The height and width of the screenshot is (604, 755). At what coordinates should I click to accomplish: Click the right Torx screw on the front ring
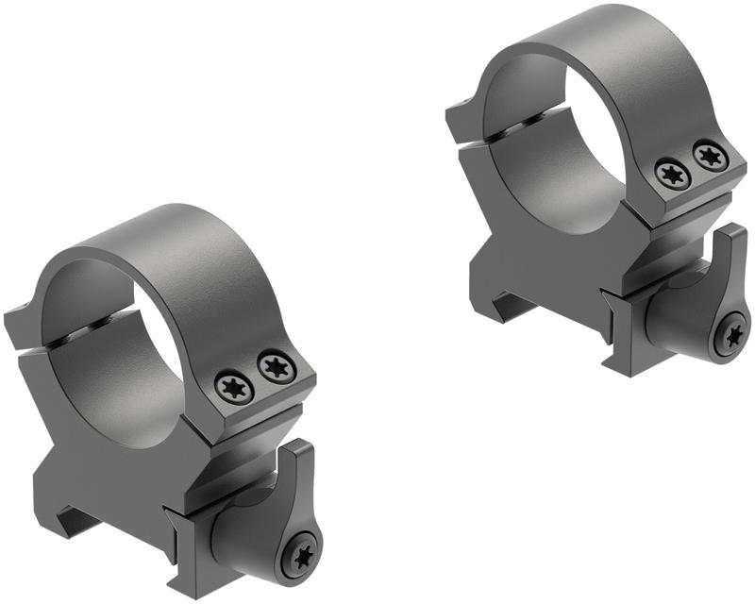[x=276, y=366]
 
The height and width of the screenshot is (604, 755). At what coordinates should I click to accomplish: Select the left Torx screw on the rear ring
[x=671, y=173]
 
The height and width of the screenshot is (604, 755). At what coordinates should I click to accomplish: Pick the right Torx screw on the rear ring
[x=711, y=155]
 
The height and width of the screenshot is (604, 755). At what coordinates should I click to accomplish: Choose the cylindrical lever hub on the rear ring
[x=675, y=321]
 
